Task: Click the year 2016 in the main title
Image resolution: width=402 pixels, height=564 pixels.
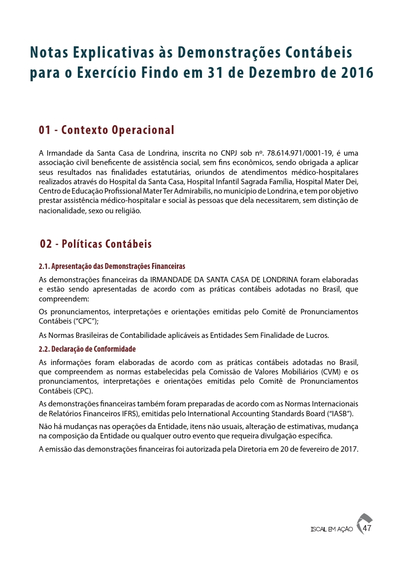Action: tap(356, 72)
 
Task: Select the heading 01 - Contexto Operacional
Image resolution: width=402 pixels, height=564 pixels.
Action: tap(106, 130)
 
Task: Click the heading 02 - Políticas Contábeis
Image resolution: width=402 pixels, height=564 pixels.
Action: tap(96, 244)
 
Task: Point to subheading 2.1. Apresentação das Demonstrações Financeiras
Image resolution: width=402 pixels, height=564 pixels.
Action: tap(112, 266)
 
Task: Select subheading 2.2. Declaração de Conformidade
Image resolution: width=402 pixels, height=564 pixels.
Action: tap(87, 349)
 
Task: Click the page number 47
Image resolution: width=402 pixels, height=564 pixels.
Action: tap(367, 529)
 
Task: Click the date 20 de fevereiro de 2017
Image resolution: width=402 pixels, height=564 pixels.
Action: tap(315, 449)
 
